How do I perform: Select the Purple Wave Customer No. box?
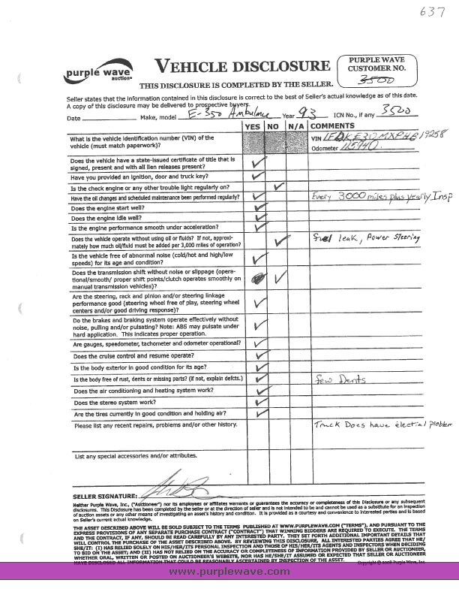(x=376, y=68)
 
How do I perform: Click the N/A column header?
(x=297, y=127)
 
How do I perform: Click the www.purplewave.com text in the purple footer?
(x=229, y=572)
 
